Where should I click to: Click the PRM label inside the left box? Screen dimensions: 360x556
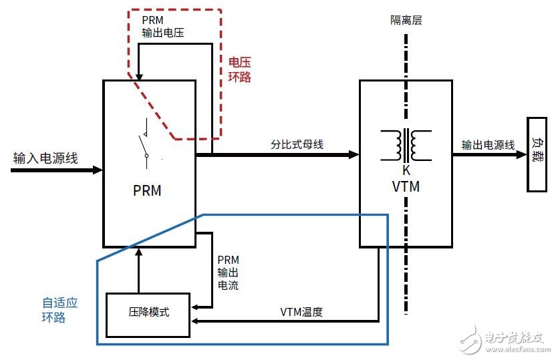click(147, 191)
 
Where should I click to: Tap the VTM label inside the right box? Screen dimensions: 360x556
click(406, 187)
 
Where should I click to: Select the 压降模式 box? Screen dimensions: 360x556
click(148, 312)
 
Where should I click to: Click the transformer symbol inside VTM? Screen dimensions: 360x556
click(406, 145)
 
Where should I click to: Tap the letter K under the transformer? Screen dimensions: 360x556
click(406, 170)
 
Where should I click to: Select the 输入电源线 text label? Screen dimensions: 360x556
click(46, 158)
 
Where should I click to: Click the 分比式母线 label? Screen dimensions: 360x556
click(297, 144)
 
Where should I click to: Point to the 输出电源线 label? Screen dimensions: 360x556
click(488, 145)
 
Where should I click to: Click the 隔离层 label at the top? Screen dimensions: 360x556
click(406, 20)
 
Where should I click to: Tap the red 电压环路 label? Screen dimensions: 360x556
click(240, 69)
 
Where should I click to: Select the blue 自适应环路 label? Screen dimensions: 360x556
click(59, 310)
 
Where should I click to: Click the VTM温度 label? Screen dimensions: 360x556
click(301, 312)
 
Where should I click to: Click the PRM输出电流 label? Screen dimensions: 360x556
click(228, 273)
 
